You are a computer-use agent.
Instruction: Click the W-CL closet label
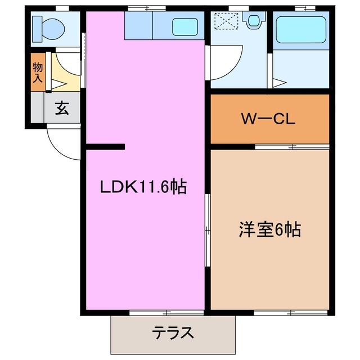(x=268, y=119)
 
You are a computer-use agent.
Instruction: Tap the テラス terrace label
(x=173, y=332)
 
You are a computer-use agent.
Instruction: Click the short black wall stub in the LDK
(x=105, y=148)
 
